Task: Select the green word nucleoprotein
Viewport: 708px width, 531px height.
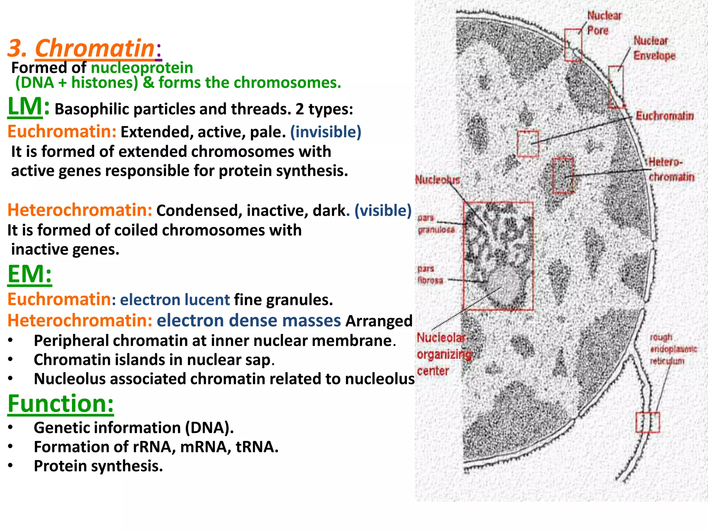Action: click(x=142, y=68)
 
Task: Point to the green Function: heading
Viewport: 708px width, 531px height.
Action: click(x=60, y=403)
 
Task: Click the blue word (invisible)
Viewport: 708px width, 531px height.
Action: click(x=326, y=132)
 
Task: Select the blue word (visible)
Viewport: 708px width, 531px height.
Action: click(x=383, y=211)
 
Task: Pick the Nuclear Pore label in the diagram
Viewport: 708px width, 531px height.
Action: click(x=604, y=23)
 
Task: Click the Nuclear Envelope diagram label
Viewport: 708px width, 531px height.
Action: click(x=654, y=48)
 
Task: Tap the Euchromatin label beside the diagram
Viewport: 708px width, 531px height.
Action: click(x=664, y=116)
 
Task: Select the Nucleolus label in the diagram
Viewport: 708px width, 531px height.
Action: click(x=437, y=180)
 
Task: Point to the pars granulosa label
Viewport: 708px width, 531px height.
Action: click(x=436, y=224)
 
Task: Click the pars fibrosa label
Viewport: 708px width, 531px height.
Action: click(x=430, y=274)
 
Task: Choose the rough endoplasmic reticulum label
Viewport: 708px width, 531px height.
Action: click(x=672, y=349)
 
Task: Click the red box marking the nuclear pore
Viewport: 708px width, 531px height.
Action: click(x=573, y=45)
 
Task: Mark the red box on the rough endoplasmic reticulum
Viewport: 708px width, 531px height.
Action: click(x=648, y=422)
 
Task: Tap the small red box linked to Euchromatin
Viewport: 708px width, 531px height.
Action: click(x=528, y=143)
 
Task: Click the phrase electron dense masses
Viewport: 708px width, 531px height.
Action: click(x=249, y=320)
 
